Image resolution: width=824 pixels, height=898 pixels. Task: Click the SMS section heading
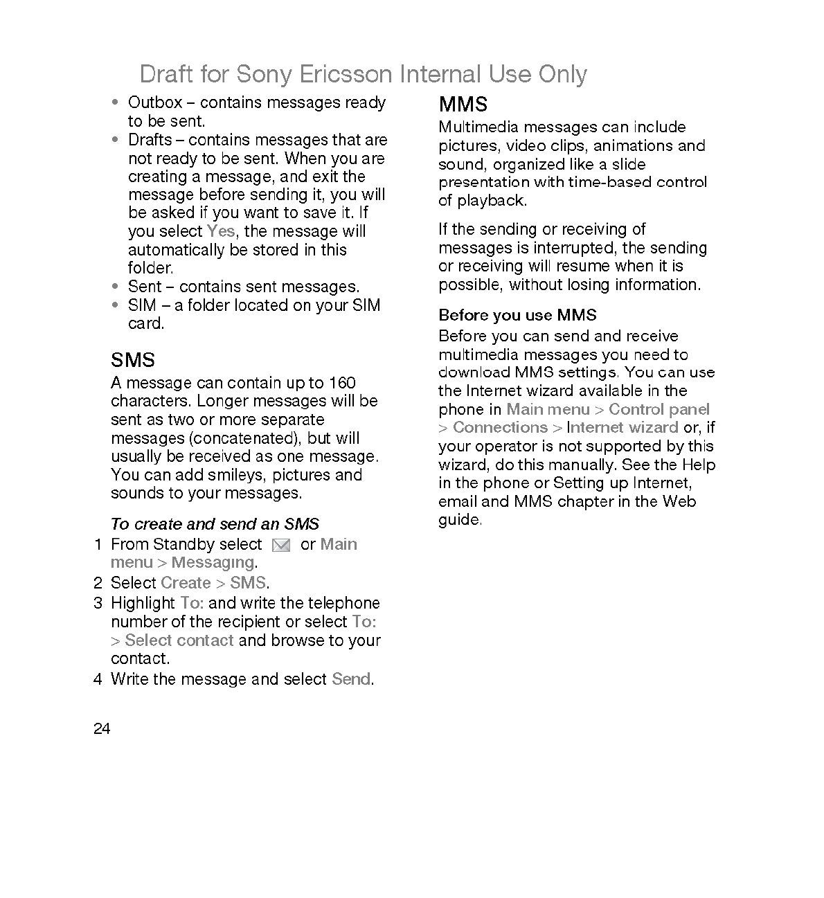(133, 360)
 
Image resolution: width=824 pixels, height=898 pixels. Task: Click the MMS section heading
(463, 105)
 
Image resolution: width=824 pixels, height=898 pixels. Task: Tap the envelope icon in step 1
(281, 546)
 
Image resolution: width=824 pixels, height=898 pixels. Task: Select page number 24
(102, 729)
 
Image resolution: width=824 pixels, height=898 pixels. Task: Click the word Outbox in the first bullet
(155, 102)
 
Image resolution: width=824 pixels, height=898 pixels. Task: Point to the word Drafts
(150, 140)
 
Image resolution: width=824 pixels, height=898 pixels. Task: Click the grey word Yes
(220, 231)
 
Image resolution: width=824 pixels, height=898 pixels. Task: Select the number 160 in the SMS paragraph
(342, 383)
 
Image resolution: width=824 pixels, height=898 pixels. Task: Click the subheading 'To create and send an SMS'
(215, 524)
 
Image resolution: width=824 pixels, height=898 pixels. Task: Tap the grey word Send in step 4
(351, 679)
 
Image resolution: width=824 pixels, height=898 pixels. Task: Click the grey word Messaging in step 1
(213, 563)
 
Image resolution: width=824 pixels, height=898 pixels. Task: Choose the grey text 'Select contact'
(179, 640)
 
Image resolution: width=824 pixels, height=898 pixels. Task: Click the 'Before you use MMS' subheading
(517, 316)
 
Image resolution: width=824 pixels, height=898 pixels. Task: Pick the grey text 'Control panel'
(659, 409)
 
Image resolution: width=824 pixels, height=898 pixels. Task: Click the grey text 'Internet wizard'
(622, 428)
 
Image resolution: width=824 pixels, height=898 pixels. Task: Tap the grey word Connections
(500, 428)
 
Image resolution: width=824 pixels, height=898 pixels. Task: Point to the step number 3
(98, 603)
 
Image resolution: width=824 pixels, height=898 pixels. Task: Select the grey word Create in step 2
(186, 583)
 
